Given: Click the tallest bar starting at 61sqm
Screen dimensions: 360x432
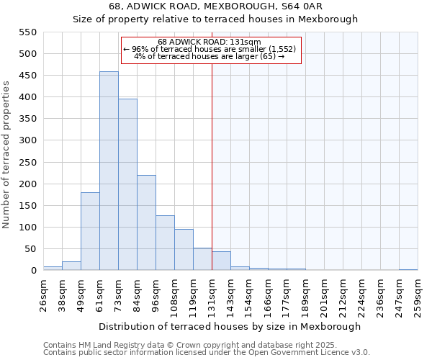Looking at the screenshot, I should click(x=109, y=171).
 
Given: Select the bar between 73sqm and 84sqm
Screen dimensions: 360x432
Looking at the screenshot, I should click(x=127, y=185).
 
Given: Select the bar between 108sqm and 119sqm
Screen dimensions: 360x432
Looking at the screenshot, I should click(x=184, y=250).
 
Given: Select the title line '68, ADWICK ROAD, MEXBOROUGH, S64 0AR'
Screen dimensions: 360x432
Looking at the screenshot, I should click(x=215, y=6).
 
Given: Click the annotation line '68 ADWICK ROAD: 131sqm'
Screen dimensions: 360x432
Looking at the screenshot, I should click(x=209, y=42).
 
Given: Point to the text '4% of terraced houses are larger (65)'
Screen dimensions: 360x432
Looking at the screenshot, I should click(x=209, y=56).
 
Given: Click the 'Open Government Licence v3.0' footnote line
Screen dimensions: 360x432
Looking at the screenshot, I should click(x=207, y=353).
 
